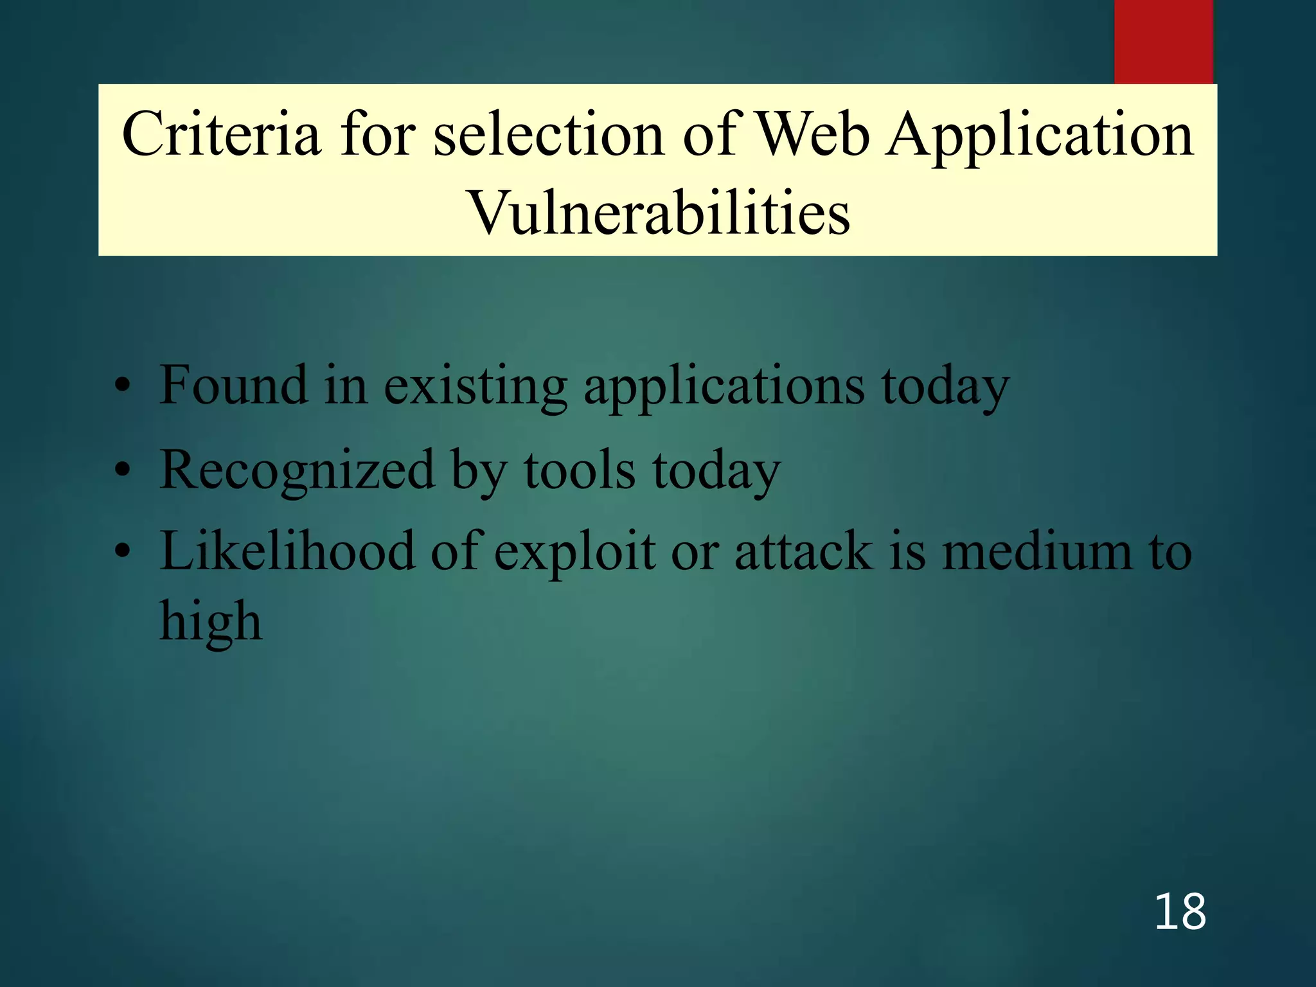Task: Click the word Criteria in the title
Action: coord(221,134)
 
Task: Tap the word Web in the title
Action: coord(813,134)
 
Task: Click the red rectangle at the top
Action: coord(1163,42)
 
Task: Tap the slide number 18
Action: coord(1180,912)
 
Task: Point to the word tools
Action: coord(580,470)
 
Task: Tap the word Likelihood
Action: coord(287,551)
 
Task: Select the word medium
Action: coord(1035,551)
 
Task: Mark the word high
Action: coord(211,623)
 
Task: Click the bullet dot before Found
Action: coord(123,387)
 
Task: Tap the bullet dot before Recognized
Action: coord(123,470)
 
